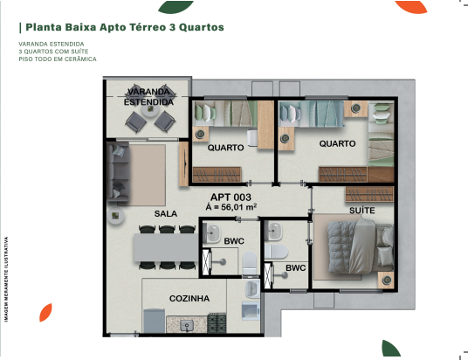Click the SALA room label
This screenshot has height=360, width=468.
point(166,213)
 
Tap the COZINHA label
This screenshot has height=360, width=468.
point(189,299)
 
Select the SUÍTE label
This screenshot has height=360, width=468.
point(362,211)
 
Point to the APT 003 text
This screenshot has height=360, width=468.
point(231,197)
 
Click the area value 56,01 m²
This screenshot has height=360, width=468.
point(239,207)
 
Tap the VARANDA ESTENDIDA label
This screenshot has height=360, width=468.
point(148,97)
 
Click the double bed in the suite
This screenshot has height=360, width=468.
point(361,246)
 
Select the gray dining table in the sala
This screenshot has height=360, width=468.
point(166,247)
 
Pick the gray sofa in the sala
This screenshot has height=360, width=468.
point(118,172)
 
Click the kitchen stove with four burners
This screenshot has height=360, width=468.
point(217,323)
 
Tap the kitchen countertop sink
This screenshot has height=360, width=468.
point(187,326)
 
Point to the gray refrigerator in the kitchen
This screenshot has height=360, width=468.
point(154,321)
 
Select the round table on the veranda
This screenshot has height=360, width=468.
point(150,109)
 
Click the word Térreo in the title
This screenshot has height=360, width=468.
point(148,27)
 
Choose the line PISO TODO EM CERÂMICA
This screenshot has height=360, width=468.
point(58,59)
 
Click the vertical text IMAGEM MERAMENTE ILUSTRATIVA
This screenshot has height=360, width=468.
point(6,280)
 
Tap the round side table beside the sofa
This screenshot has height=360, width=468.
point(116,216)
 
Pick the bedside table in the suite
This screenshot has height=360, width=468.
point(387,280)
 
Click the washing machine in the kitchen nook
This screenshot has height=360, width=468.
point(251,311)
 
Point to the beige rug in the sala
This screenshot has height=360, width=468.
point(147,175)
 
